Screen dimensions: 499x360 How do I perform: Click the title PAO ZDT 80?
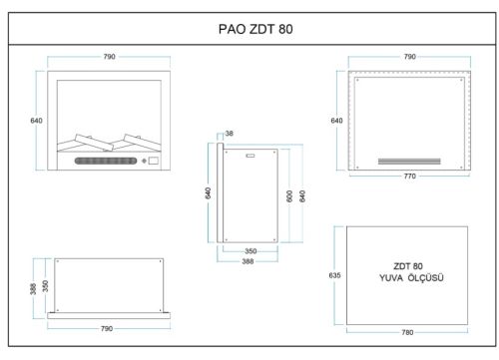(x=255, y=29)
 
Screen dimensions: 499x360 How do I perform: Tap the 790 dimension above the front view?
(x=109, y=57)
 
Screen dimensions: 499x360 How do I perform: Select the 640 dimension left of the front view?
(x=36, y=121)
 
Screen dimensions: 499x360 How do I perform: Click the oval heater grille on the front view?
(x=106, y=161)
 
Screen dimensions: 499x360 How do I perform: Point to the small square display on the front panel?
(x=154, y=161)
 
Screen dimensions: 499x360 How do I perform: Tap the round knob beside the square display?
(x=144, y=161)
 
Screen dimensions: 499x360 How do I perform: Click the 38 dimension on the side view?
(x=230, y=134)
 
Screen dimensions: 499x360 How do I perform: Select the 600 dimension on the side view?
(x=289, y=196)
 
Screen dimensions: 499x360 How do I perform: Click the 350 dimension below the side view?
(x=250, y=251)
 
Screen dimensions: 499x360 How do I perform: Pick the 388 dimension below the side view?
(x=248, y=261)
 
